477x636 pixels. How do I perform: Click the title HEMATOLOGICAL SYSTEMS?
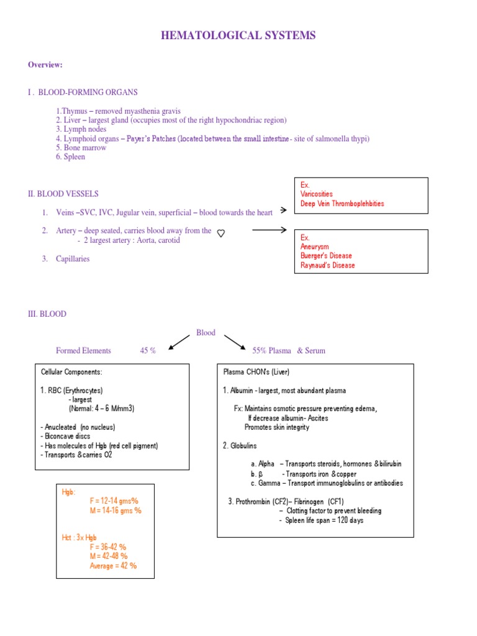(x=238, y=35)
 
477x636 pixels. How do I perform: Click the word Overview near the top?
(x=45, y=65)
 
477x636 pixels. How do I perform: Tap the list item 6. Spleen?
(x=70, y=157)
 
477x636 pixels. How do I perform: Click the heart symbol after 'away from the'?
(x=221, y=233)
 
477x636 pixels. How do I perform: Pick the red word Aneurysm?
(x=315, y=247)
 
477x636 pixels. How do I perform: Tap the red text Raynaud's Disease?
(x=328, y=265)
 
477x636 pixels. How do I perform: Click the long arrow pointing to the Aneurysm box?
(x=269, y=230)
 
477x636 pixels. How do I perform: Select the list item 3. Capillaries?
(x=66, y=259)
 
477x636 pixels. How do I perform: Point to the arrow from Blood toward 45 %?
(x=180, y=341)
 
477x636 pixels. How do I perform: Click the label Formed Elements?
(x=83, y=351)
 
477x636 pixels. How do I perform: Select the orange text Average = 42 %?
(x=114, y=566)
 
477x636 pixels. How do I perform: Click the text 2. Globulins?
(x=240, y=446)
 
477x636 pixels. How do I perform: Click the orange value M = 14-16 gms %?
(x=116, y=511)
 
